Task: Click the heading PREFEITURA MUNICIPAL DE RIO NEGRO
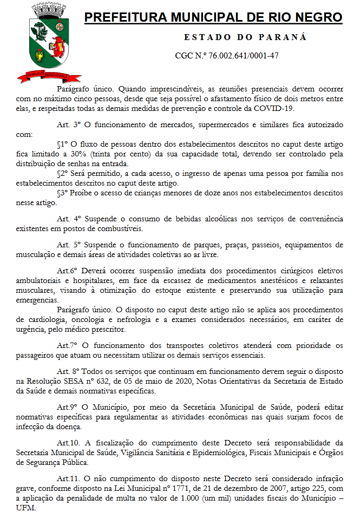(x=214, y=18)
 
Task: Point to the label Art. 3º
(x=68, y=125)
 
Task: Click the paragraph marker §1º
(x=64, y=146)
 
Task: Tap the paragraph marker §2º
(x=64, y=174)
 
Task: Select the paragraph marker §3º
(x=64, y=193)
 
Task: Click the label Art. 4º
(x=68, y=219)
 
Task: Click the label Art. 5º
(x=68, y=245)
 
